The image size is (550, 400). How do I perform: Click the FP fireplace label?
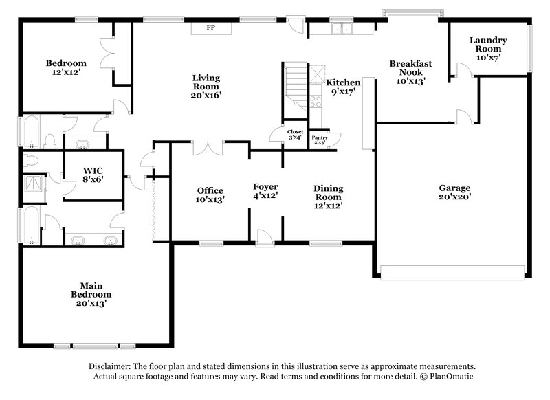(211, 28)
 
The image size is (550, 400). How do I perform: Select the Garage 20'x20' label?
(455, 191)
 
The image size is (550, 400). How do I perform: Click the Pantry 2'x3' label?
(320, 140)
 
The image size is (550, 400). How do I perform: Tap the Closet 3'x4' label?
(296, 134)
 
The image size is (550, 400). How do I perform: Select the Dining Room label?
(329, 196)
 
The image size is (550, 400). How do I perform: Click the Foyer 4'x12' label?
(265, 191)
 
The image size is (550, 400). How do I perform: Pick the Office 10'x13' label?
(210, 195)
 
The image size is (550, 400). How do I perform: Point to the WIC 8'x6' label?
(93, 173)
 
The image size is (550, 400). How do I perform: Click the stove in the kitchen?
(317, 101)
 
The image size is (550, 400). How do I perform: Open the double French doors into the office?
(209, 147)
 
